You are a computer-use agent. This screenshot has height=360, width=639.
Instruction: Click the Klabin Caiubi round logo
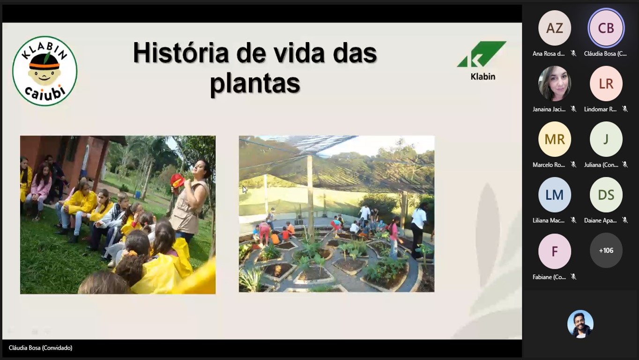(x=45, y=71)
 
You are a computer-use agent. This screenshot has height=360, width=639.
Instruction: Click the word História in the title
(x=181, y=53)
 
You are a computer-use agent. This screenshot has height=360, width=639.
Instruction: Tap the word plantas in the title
(x=255, y=83)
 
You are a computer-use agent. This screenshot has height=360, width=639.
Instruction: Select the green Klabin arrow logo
(x=482, y=54)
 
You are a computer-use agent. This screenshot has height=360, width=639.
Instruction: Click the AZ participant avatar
(x=555, y=28)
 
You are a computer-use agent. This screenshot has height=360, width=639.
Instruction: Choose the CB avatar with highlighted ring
(x=606, y=28)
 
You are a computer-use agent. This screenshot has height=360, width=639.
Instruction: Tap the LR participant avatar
(x=606, y=83)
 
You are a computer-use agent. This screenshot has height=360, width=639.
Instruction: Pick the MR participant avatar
(x=555, y=139)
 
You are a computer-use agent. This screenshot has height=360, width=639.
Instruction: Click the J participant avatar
(x=606, y=139)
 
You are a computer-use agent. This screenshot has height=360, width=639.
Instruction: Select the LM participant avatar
(x=555, y=195)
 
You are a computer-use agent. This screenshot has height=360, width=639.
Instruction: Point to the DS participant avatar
(x=606, y=195)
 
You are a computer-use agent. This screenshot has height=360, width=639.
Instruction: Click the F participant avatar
(x=555, y=251)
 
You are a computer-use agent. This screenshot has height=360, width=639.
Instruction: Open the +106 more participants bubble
(x=606, y=250)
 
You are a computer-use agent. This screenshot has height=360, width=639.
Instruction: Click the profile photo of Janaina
(x=555, y=83)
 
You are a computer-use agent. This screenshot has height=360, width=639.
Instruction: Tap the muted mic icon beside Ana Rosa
(x=573, y=53)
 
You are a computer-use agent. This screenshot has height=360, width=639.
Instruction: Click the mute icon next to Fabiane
(x=573, y=277)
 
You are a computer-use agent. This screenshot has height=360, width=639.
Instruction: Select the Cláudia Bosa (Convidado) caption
(x=40, y=348)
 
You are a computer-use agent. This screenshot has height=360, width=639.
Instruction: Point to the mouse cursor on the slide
(x=245, y=190)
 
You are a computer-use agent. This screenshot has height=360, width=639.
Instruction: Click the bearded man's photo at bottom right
(x=580, y=324)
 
